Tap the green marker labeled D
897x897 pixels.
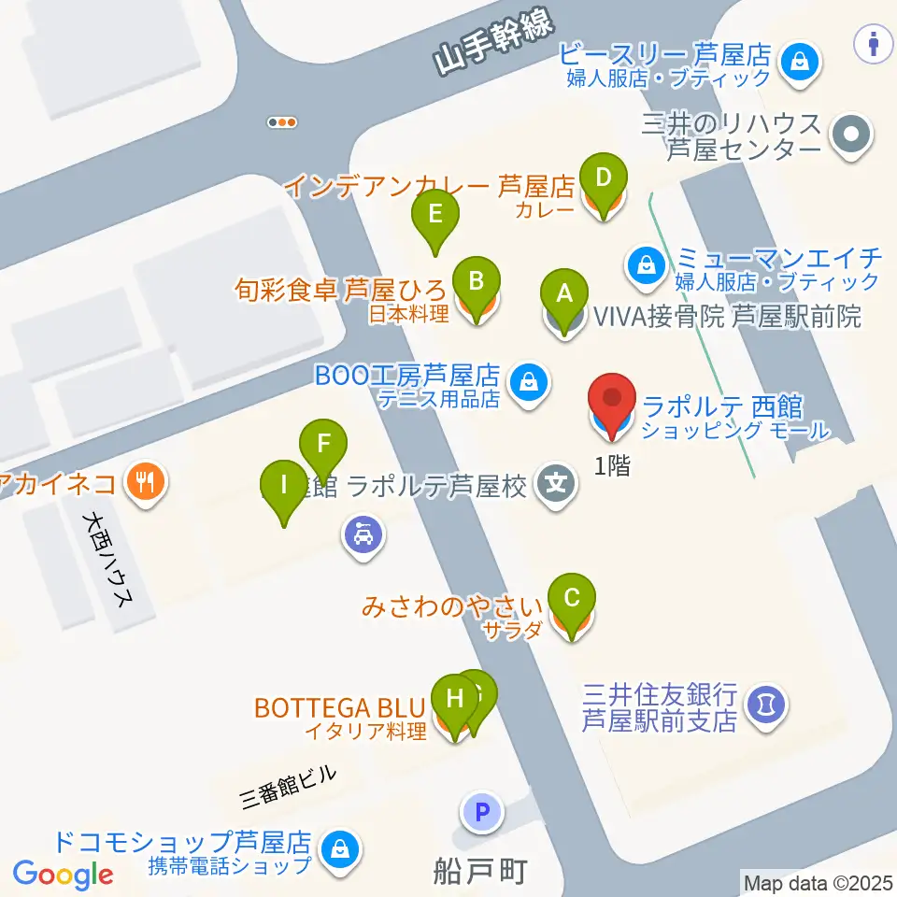pos(604,177)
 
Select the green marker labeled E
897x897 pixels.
pos(435,214)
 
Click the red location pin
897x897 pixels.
pos(613,399)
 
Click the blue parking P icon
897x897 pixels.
pos(482,811)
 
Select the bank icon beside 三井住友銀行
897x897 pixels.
pos(766,704)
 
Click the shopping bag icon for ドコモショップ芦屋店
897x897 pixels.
pos(336,849)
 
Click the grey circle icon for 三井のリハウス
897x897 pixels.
pos(850,135)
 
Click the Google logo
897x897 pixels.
pos(64,875)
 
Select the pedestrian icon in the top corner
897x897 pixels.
pos(875,41)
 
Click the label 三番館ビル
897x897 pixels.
pos(287,785)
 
